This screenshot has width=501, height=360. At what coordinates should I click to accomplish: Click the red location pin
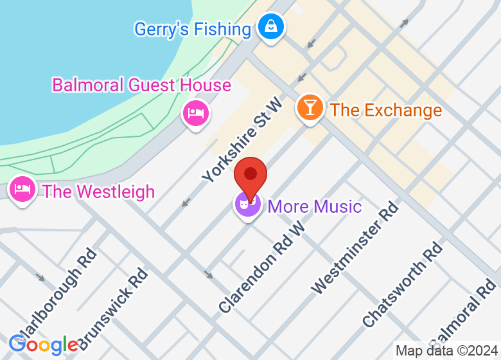251,175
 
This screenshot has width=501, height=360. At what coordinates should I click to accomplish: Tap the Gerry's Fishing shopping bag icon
271,27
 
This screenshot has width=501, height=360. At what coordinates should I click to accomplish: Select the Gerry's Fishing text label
192,29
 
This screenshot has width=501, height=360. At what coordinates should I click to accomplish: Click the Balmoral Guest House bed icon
196,114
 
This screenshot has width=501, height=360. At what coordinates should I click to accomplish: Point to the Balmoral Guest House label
141,85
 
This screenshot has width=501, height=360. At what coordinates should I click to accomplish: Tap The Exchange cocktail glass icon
310,107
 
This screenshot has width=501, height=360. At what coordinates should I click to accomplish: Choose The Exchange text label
386,110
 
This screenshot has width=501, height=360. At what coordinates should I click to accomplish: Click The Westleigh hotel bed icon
23,190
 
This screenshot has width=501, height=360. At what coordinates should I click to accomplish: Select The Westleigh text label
98,192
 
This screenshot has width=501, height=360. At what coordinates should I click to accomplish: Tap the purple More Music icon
247,204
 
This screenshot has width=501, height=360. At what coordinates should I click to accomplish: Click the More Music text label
315,206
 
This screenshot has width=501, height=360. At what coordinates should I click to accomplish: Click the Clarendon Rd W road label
261,268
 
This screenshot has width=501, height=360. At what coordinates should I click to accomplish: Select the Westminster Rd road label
355,248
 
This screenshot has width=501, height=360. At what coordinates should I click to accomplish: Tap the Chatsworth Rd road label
403,284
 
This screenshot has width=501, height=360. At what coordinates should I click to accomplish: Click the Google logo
43,345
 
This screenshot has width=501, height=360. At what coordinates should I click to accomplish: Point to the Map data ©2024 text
446,351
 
